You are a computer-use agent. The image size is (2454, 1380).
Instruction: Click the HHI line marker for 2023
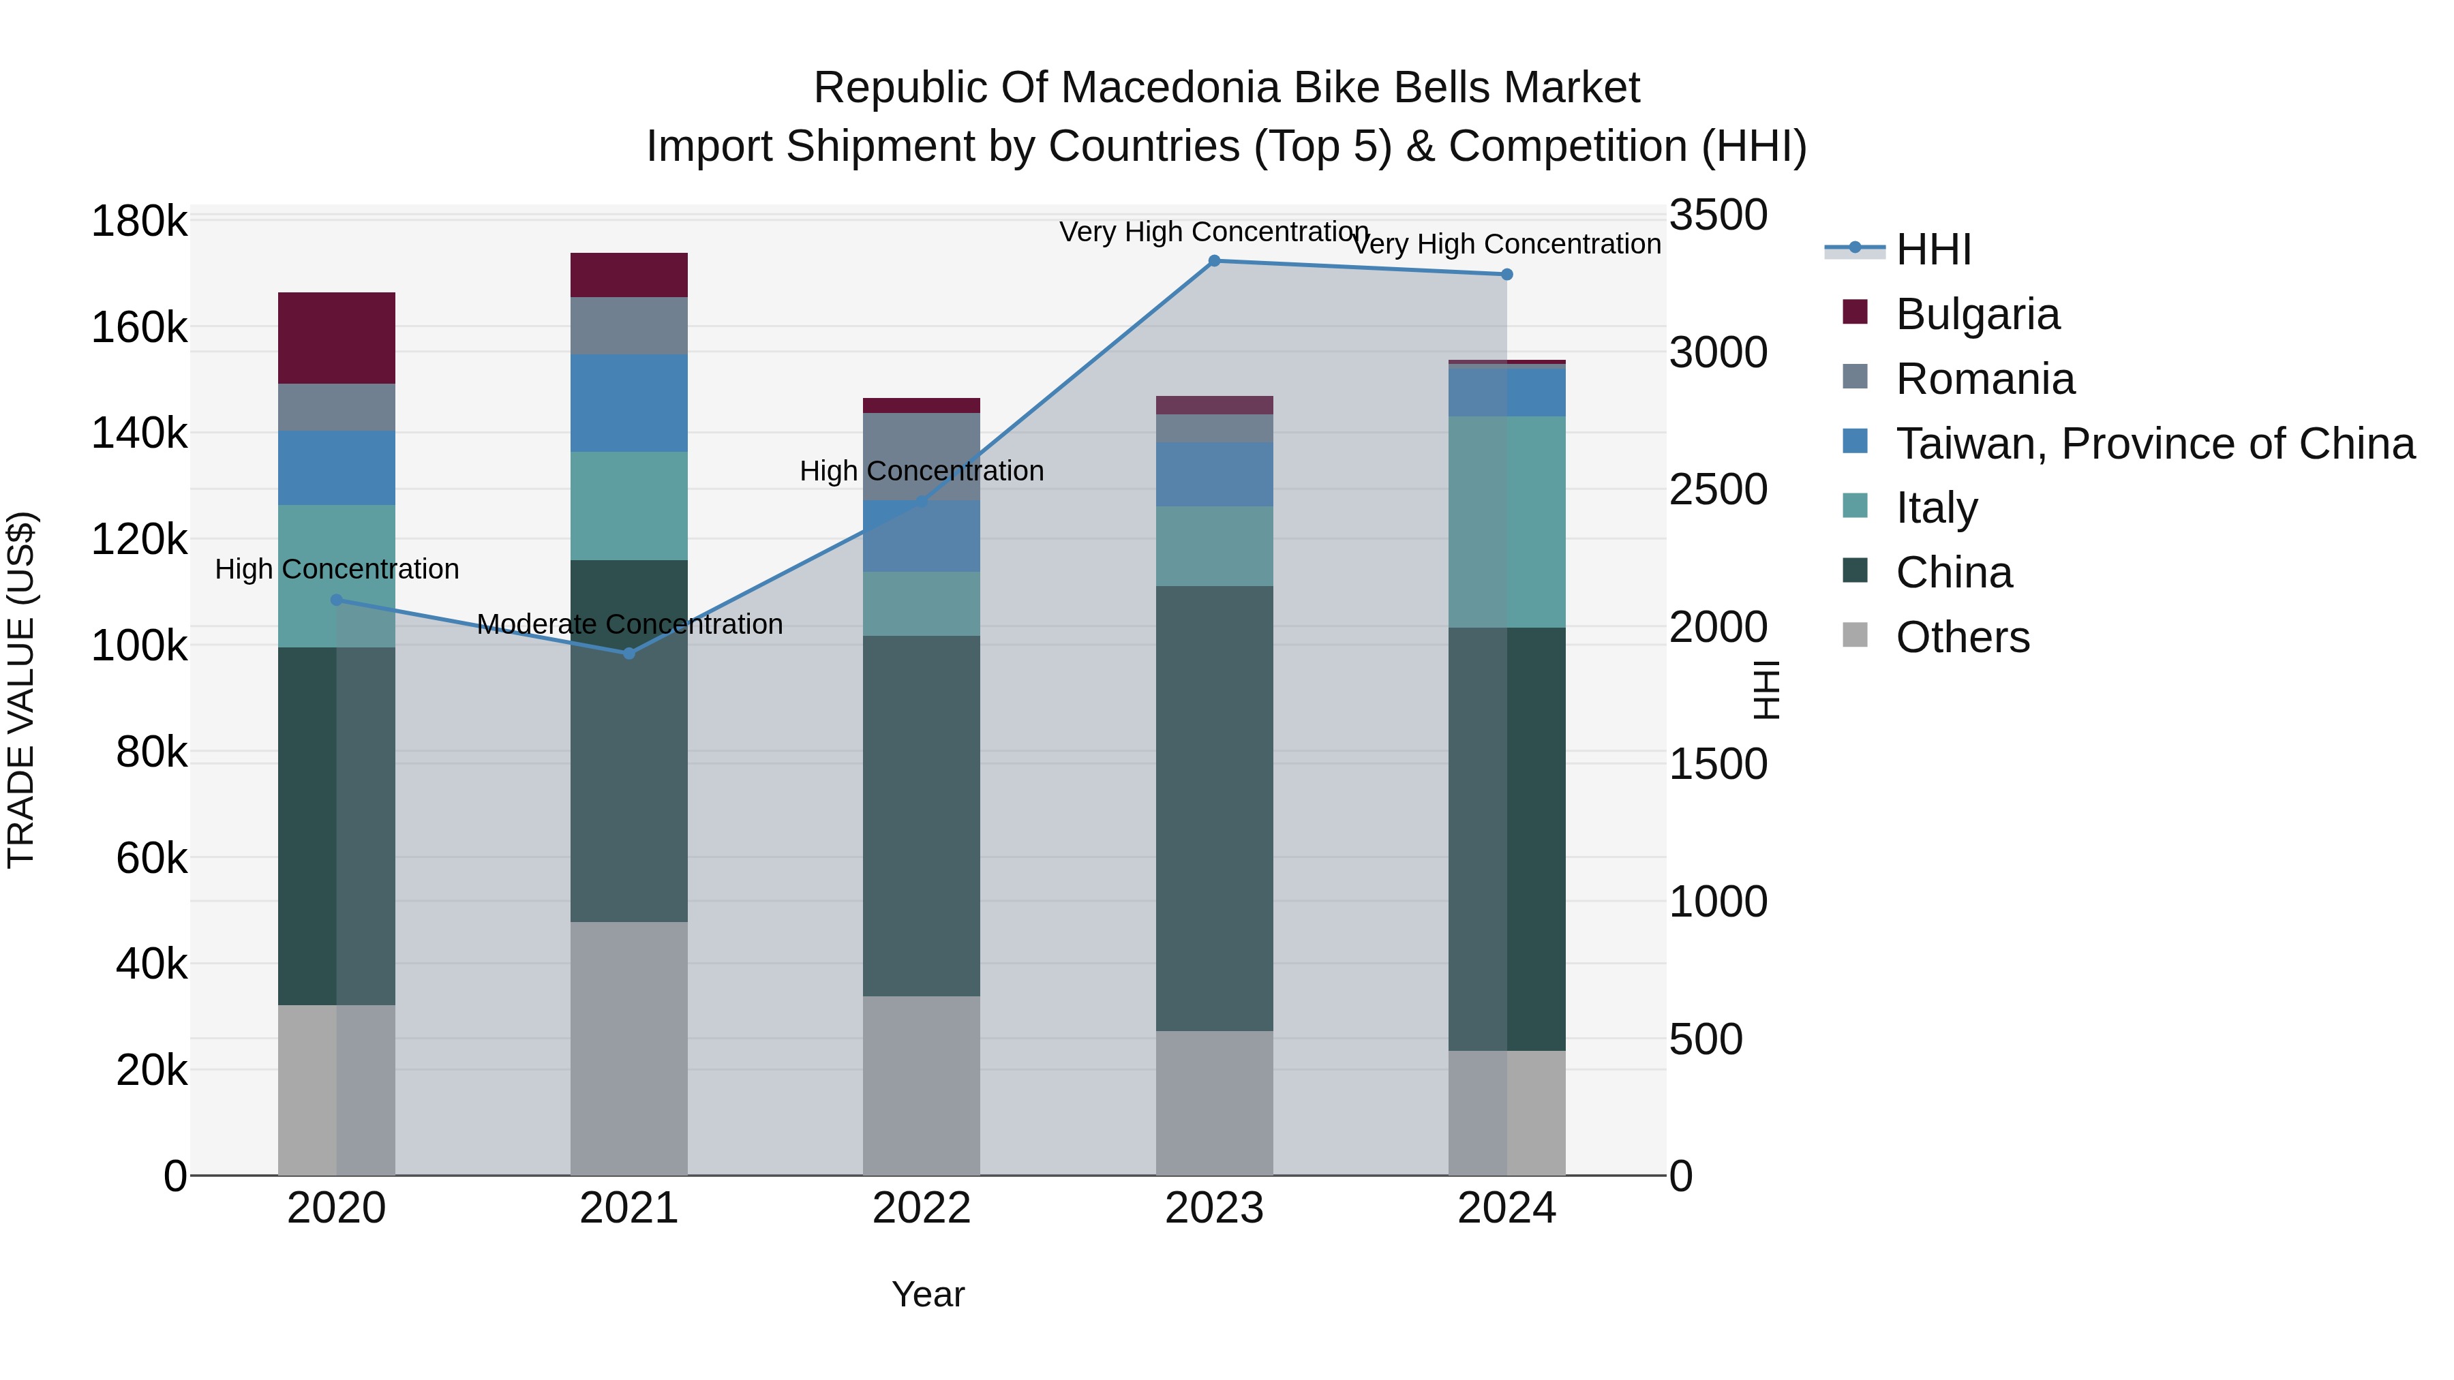tap(1213, 261)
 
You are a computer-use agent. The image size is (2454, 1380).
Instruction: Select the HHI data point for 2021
tap(628, 654)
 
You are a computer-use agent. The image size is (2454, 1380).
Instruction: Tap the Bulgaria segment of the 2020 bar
tap(336, 338)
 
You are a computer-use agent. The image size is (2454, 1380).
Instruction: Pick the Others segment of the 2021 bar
tap(628, 1047)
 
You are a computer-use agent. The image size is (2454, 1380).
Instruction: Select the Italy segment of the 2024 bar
tap(1506, 522)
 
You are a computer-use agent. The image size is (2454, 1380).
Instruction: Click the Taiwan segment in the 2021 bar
tap(628, 403)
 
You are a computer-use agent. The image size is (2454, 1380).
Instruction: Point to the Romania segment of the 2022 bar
tap(921, 455)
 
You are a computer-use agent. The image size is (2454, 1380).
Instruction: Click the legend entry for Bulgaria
tap(1977, 314)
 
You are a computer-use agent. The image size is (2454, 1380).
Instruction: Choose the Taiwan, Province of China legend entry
tap(2155, 444)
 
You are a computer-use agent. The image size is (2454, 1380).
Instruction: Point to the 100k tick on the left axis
tap(139, 646)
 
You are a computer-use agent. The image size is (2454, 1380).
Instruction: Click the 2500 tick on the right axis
tap(1718, 489)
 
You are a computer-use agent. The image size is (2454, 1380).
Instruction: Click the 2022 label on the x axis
tap(921, 1208)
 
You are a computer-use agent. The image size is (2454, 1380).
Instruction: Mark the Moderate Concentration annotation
tap(630, 625)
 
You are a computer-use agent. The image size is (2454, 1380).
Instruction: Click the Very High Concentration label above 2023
tap(1213, 232)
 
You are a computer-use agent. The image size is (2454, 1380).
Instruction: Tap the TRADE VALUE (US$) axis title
tap(21, 690)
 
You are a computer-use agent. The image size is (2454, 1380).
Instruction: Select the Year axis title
tap(928, 1294)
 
